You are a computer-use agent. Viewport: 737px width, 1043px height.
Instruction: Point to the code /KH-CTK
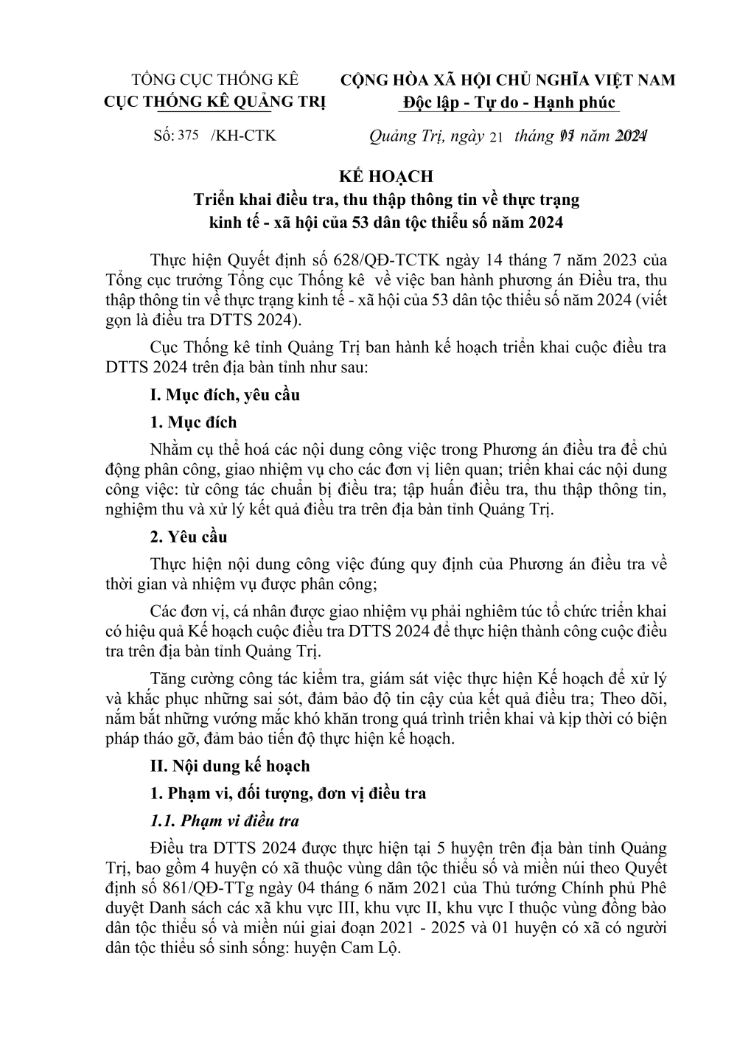coord(243,136)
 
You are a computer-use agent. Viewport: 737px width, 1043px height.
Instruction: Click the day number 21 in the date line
coord(495,137)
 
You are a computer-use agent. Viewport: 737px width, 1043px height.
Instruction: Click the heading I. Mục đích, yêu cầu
coord(225,395)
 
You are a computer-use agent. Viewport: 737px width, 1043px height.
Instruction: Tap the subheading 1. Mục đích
coord(194,422)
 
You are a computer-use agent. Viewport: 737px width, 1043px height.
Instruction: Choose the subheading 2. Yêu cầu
coord(189,537)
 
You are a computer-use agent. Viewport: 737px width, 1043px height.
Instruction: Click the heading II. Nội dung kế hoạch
coord(230,766)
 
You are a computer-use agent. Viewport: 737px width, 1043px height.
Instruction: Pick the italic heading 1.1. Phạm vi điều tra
coord(225,821)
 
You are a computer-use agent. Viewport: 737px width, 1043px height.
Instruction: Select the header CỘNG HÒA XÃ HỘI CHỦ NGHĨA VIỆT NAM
coord(508,80)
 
